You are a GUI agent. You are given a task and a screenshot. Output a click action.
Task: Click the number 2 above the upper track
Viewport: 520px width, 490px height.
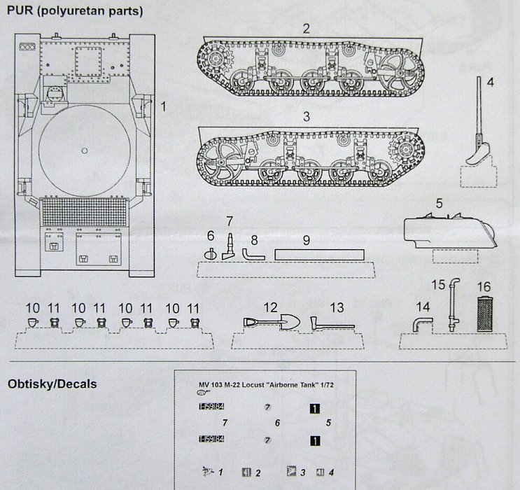click(x=306, y=29)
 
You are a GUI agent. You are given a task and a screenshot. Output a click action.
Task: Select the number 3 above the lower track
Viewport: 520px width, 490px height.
click(x=306, y=115)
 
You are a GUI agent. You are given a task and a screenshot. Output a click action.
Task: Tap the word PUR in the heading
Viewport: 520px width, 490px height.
click(x=20, y=11)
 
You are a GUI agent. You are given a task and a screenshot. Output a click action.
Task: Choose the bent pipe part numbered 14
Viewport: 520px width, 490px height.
click(x=421, y=323)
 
